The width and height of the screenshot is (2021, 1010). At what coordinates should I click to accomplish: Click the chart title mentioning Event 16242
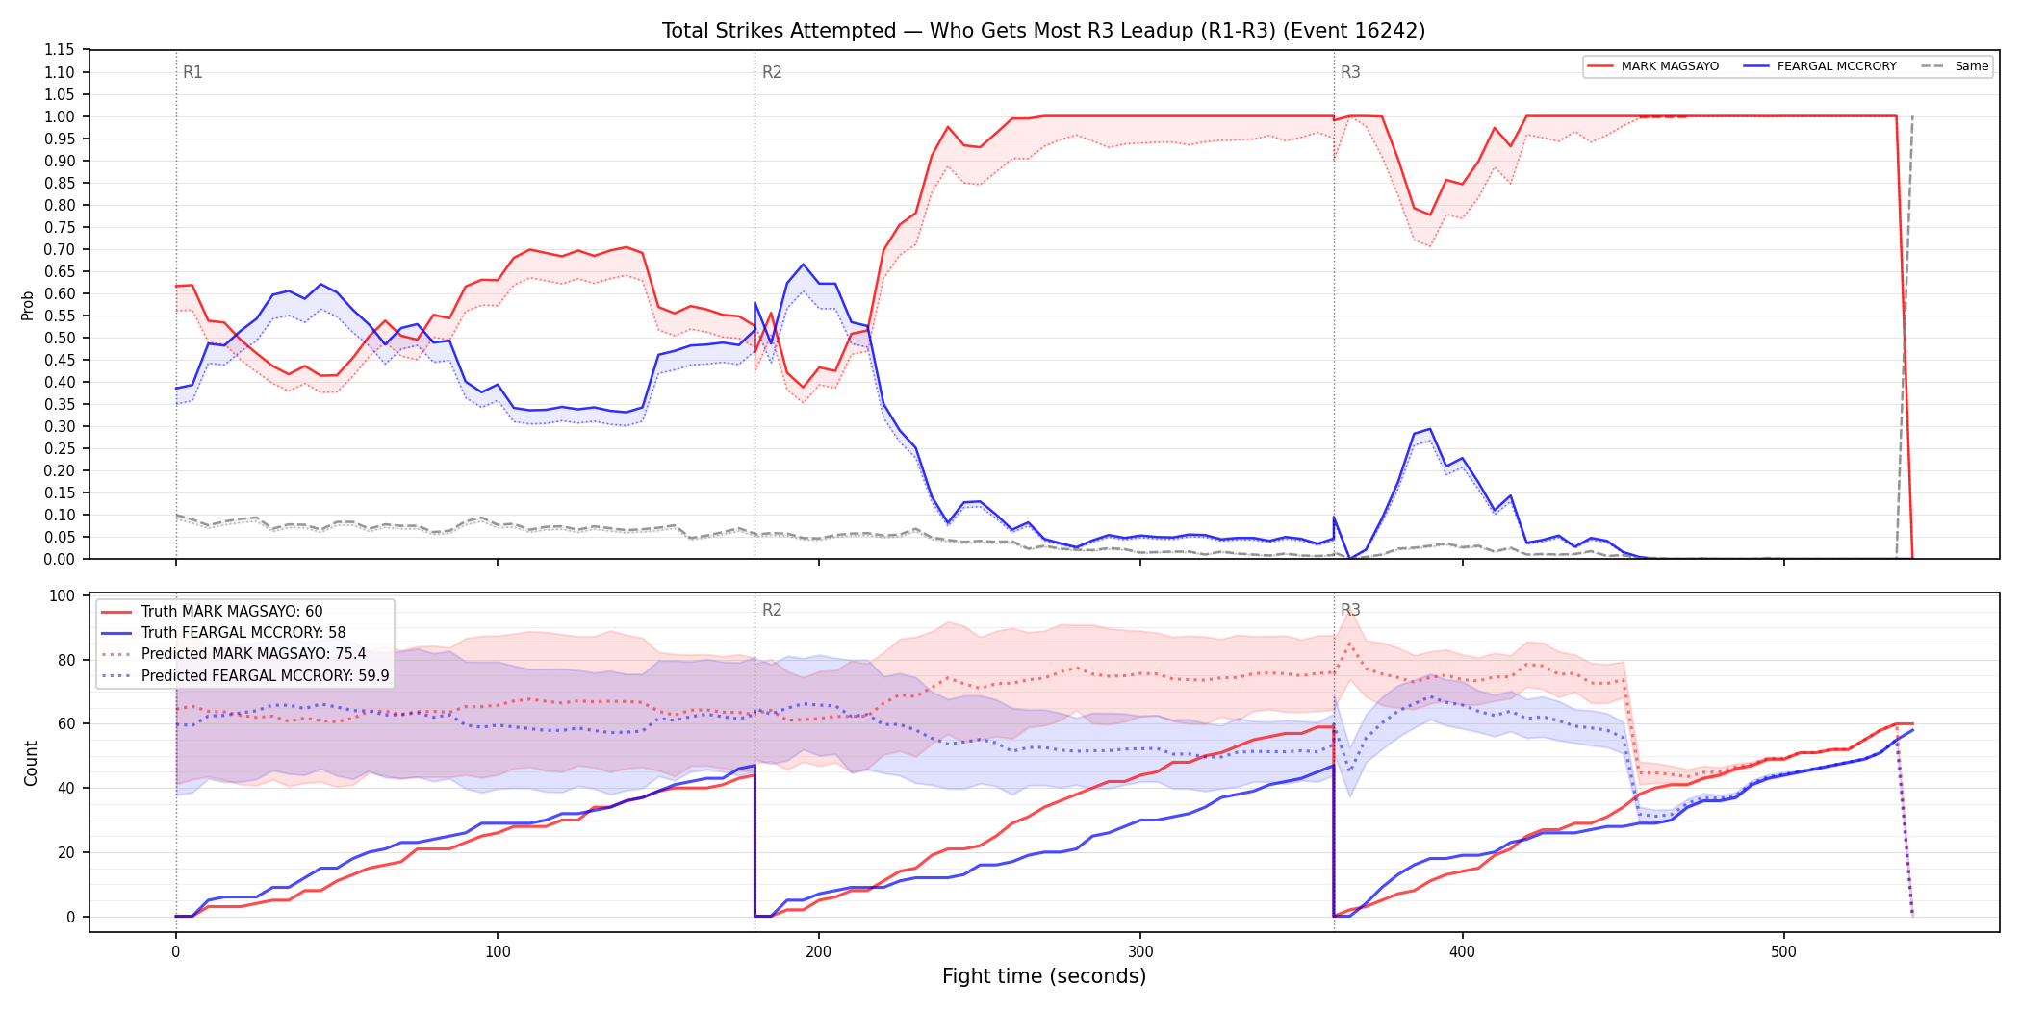1043,31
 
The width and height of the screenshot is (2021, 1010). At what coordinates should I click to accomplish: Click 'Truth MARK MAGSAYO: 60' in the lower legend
232,612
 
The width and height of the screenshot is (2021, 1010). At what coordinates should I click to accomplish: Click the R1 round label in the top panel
192,72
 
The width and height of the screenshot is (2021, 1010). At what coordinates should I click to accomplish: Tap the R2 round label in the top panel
772,72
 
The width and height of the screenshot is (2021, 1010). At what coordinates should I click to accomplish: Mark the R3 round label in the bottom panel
1350,610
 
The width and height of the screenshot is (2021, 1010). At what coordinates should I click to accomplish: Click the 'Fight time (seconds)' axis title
1044,976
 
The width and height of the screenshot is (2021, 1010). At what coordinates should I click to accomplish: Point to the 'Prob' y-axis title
28,305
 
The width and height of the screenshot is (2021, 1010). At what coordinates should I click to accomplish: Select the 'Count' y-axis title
31,763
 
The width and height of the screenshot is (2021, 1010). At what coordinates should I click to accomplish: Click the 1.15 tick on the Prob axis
59,50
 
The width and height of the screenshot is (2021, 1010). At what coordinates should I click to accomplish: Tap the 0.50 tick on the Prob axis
59,338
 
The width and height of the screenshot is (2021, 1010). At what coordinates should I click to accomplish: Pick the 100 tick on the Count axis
62,596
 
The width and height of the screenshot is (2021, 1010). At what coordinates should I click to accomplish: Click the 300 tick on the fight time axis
1140,952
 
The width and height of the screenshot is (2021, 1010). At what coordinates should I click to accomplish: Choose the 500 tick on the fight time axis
1783,952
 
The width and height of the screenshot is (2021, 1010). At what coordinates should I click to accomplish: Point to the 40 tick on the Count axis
65,789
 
